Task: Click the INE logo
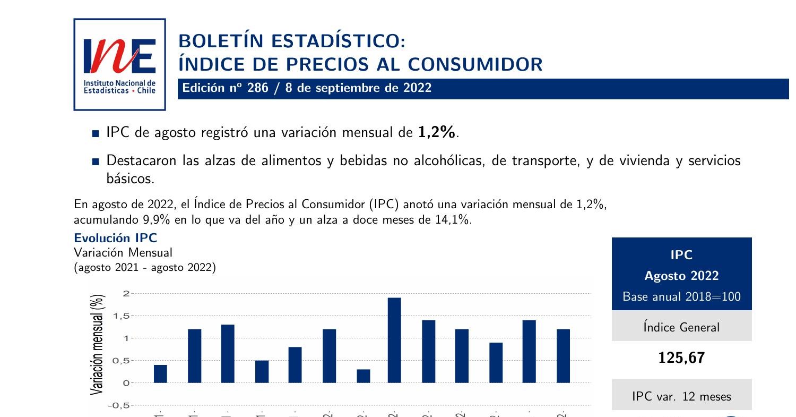coord(119,64)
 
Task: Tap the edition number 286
coord(257,88)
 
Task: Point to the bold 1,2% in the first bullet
coord(437,132)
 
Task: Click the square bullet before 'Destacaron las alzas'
coord(96,161)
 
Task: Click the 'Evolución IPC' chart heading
coord(115,237)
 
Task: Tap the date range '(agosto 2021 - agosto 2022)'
coord(145,267)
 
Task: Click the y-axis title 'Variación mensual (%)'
coord(97,345)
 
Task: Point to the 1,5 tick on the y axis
coord(121,316)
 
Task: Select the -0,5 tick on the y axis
coord(119,406)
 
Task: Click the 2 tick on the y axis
coord(126,293)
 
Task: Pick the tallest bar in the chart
coord(394,340)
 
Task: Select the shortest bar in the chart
coord(364,376)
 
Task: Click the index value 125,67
coord(681,358)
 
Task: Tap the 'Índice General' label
coord(681,327)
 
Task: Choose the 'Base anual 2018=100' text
coord(681,296)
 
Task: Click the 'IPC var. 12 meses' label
coord(681,396)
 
